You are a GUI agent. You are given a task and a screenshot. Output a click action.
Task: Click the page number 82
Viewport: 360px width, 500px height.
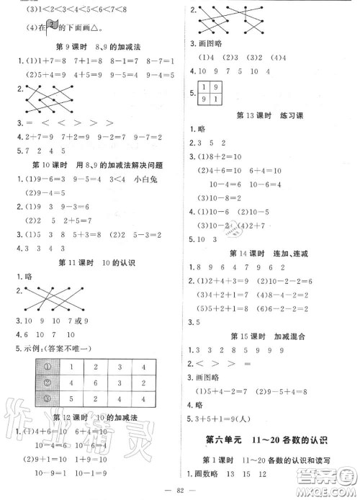[180, 489]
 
